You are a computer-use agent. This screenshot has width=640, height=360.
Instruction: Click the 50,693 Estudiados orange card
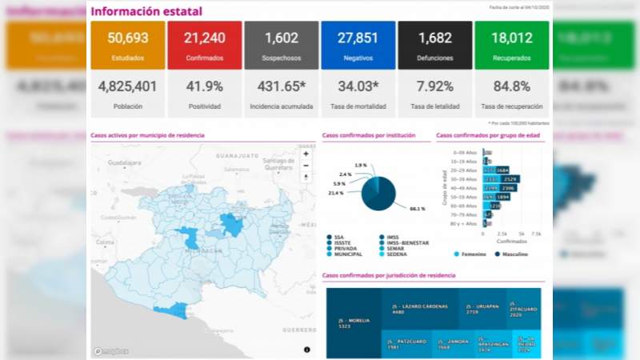coord(128,45)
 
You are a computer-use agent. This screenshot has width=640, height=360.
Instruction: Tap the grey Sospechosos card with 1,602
coord(282,45)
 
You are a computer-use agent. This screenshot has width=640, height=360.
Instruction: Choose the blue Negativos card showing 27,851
coord(358,45)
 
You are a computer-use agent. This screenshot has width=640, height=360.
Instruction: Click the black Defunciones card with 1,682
coord(434,45)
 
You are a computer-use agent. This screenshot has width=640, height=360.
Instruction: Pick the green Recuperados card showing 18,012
coord(511,45)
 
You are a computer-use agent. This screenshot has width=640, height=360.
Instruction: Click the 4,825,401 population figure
coord(128,86)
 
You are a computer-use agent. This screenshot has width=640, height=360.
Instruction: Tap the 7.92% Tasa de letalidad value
coord(434,86)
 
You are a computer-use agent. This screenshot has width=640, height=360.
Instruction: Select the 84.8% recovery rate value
coord(511,86)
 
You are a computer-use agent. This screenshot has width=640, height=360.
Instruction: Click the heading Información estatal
coord(145,12)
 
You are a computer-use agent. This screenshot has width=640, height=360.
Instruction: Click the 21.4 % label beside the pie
coord(336,193)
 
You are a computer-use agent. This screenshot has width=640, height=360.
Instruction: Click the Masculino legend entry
coord(514,254)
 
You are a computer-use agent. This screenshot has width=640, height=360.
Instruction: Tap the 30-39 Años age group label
coord(464,179)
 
